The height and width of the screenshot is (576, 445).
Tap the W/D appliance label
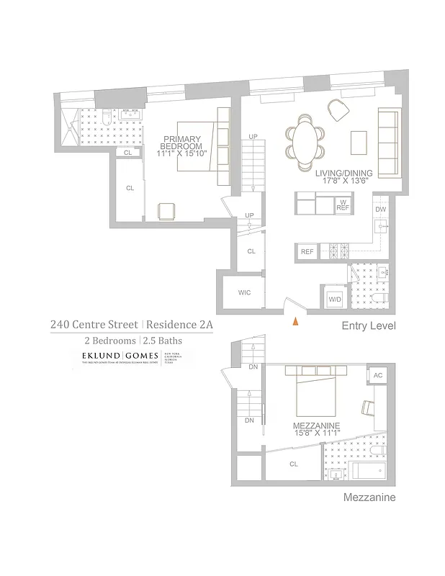335,298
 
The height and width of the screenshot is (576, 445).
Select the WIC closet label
244,292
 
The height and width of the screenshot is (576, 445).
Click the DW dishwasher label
382,210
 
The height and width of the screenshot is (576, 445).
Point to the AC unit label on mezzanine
378,377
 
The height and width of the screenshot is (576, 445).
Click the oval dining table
305,142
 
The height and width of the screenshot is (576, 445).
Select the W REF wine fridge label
343,204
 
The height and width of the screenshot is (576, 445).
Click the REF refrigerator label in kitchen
307,252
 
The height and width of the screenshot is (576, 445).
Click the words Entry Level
367,326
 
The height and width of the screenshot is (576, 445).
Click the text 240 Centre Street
93,325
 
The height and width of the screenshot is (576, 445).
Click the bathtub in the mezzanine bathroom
370,472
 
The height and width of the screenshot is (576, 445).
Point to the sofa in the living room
388,143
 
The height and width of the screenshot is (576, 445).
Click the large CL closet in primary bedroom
130,189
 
